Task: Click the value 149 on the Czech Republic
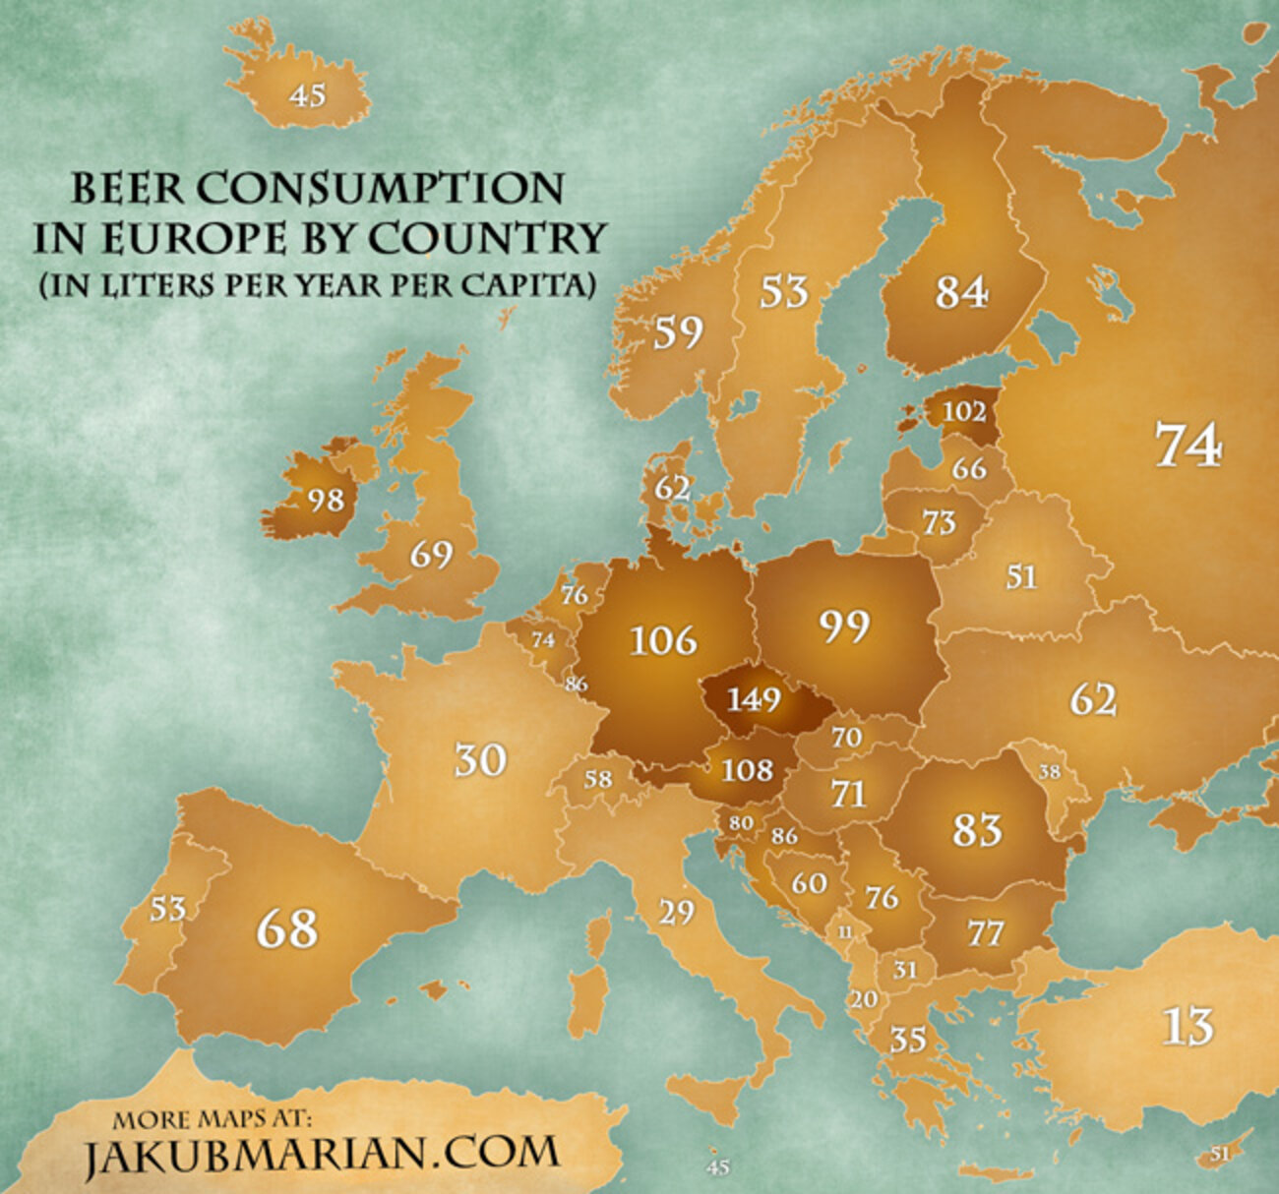point(754,699)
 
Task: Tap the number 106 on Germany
point(663,640)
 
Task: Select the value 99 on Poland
point(844,626)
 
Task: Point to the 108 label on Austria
point(748,768)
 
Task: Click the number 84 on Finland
point(960,292)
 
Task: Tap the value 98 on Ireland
point(326,500)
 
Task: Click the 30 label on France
point(480,759)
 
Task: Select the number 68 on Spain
point(287,928)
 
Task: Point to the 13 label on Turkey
point(1188,1027)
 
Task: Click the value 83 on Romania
point(976,830)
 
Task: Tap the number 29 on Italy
point(676,912)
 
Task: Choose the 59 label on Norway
point(678,332)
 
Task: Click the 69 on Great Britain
point(431,555)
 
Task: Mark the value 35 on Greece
point(908,1039)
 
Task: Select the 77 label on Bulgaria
point(984,932)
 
